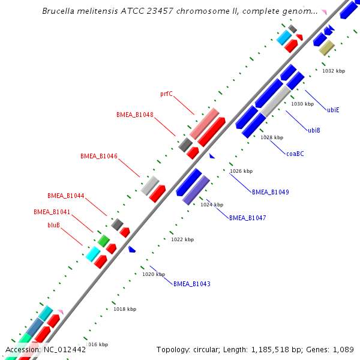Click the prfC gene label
coord(166,94)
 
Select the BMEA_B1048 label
coord(134,115)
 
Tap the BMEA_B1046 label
coord(99,156)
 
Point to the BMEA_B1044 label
coord(66,196)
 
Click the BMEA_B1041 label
coord(52,212)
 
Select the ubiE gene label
coord(333,110)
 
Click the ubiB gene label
coord(314,130)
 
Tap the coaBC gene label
coord(295,154)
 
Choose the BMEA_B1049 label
coord(270,192)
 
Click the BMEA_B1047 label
coord(247,218)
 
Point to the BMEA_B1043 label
coord(191,284)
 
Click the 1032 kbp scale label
coord(334,71)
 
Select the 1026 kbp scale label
coord(241,171)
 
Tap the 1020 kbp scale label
coord(153,274)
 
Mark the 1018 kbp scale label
coord(124,309)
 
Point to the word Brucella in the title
coord(61,11)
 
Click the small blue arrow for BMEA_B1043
coord(132,249)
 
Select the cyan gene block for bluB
coord(92,254)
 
